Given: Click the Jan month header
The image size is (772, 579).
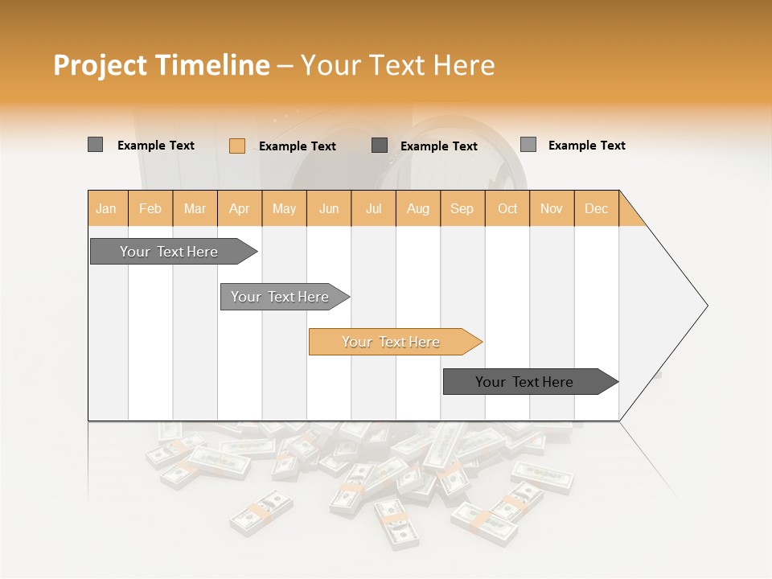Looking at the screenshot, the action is click(x=106, y=208).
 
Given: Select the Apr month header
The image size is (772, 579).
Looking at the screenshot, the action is click(x=239, y=208).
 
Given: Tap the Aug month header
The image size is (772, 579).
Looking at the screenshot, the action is click(x=417, y=208).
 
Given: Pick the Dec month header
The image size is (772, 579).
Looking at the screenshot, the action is click(x=596, y=208).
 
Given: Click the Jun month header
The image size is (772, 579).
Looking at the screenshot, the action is click(x=329, y=208).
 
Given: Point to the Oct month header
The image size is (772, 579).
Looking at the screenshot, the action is click(x=507, y=208).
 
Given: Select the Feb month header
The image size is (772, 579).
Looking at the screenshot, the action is click(x=150, y=208).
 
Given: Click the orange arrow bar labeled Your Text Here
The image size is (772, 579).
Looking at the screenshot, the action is click(x=392, y=342).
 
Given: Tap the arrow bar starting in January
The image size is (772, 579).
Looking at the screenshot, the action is click(x=170, y=252).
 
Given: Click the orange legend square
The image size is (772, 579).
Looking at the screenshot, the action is click(x=237, y=146).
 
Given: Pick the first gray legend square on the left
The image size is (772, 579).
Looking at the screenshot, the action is click(x=95, y=145).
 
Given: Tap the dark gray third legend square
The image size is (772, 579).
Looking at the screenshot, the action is click(x=380, y=145).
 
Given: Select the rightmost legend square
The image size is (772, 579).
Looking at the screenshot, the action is click(x=528, y=145).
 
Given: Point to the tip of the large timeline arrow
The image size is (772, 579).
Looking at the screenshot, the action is click(x=705, y=306).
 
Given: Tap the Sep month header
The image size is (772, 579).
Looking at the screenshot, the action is click(x=462, y=208).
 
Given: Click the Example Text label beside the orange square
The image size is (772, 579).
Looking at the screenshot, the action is click(x=298, y=146).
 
